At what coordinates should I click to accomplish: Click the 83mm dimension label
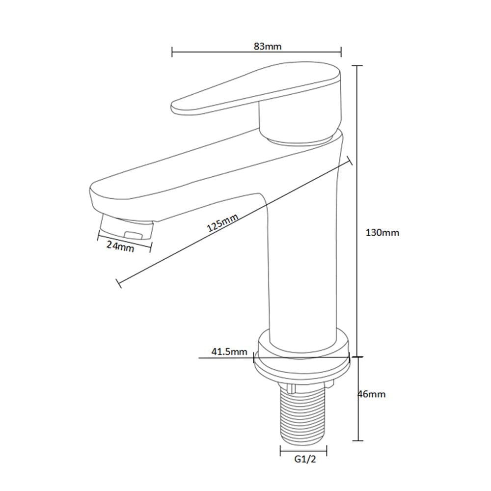(x=268, y=46)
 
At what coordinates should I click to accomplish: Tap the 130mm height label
(x=382, y=233)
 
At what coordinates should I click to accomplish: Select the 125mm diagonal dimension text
(x=222, y=222)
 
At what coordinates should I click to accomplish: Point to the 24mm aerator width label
(x=120, y=246)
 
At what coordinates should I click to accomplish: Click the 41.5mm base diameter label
(x=229, y=352)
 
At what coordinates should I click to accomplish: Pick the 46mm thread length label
(x=372, y=394)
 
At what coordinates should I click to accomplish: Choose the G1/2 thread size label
(x=305, y=460)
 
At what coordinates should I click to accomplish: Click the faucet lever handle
(x=255, y=89)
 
